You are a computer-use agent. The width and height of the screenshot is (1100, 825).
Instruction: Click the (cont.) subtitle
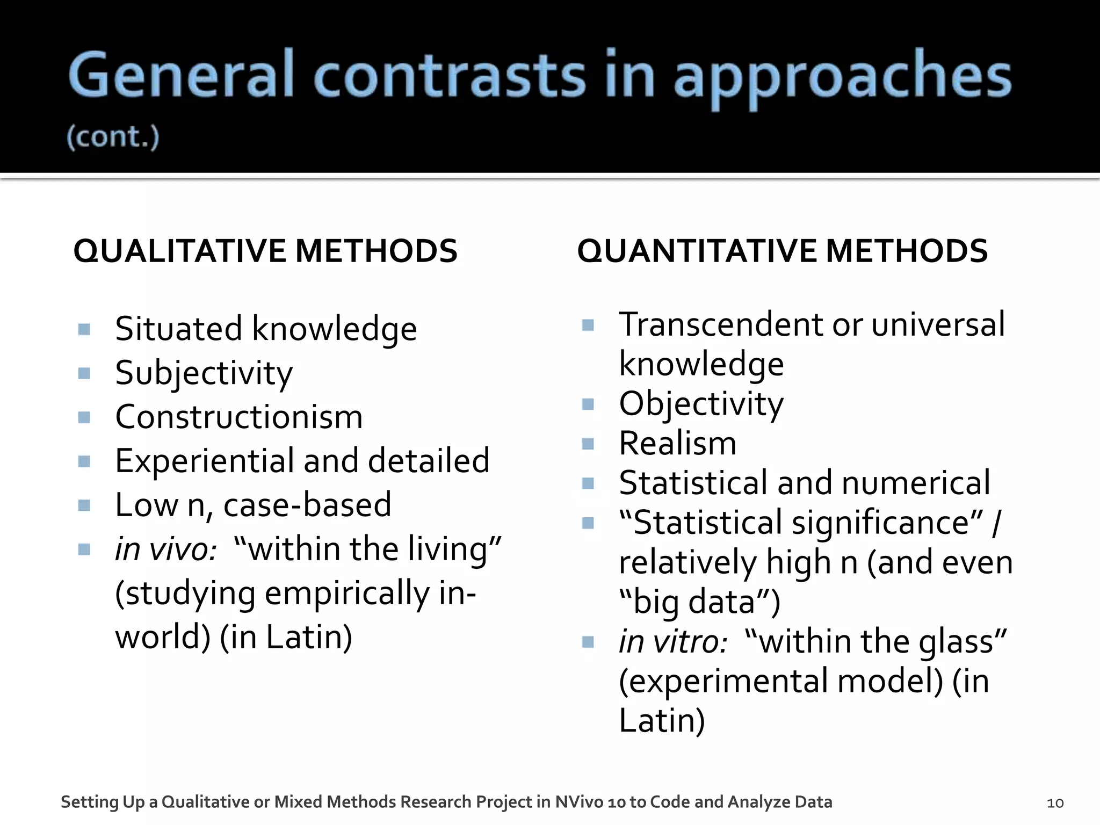point(113,137)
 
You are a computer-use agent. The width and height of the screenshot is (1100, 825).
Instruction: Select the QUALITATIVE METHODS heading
point(265,251)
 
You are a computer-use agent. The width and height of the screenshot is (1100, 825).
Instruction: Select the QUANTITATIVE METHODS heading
point(782,251)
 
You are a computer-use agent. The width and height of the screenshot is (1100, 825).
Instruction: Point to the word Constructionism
point(239,417)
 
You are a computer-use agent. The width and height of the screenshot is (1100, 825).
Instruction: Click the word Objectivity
point(701,404)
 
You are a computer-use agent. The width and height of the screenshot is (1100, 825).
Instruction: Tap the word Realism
point(677,444)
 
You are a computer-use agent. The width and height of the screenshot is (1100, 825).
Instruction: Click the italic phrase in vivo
point(166,549)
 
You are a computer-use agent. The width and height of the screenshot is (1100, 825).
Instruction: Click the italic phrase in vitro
point(673,642)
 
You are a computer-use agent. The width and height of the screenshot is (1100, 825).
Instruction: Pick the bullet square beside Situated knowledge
point(84,329)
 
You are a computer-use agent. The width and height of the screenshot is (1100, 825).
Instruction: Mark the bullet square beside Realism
point(588,444)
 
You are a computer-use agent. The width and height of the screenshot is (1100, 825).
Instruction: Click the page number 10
point(1055,803)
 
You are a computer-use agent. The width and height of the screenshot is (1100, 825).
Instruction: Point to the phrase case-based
point(307,505)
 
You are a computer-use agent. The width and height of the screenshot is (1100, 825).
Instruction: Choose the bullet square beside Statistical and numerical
point(588,484)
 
